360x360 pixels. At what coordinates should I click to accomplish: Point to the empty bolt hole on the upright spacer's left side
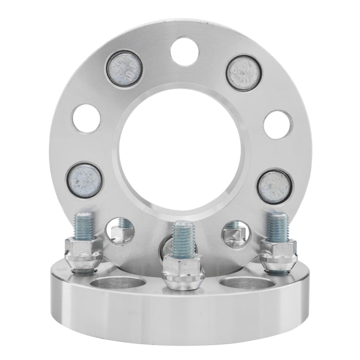[86, 118]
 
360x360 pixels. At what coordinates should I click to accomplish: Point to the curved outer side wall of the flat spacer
[180, 319]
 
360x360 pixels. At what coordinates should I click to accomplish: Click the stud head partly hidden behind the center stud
[166, 247]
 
